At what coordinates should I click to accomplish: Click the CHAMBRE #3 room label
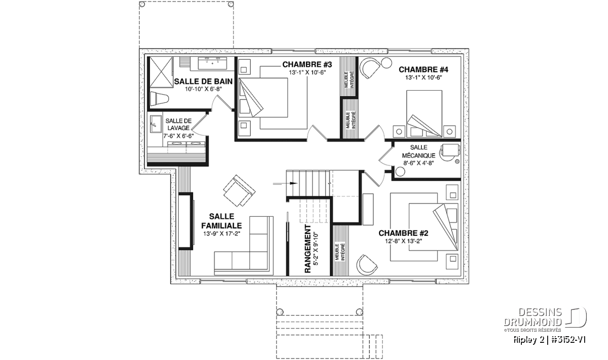point(307,65)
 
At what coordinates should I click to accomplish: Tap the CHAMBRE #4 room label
point(424,70)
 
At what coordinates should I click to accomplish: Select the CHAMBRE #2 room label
point(403,233)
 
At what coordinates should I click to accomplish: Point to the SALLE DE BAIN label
point(203,82)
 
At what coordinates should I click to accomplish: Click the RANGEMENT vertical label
point(308,249)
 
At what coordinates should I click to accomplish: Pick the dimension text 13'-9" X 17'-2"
point(222,233)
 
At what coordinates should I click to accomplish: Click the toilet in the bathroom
point(159,99)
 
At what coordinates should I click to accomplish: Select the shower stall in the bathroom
point(161,72)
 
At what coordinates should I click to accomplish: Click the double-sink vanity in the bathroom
point(212,63)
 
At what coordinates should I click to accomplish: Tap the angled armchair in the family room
point(239,190)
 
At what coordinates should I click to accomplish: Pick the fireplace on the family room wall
point(186,221)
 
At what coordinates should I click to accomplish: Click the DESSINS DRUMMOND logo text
point(533,317)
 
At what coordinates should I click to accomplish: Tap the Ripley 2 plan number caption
point(549,340)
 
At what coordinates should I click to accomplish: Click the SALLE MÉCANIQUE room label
point(419,151)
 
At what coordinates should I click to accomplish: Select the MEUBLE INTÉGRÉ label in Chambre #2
point(340,252)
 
